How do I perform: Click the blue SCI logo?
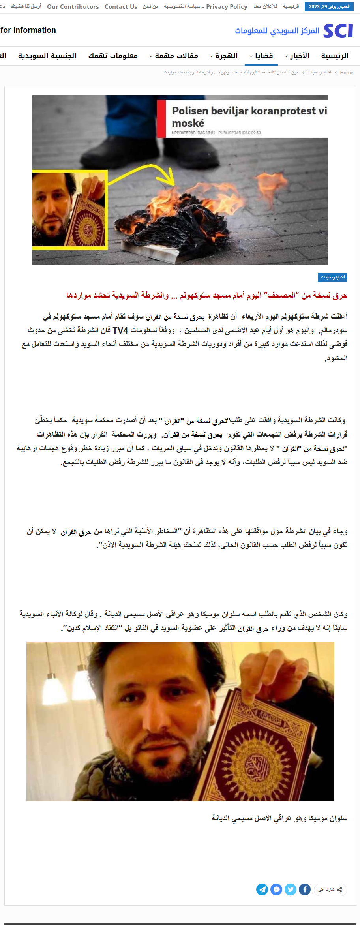[x=338, y=31]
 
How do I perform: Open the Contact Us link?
[x=121, y=7]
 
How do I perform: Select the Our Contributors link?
[x=73, y=7]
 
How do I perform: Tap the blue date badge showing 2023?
[x=329, y=7]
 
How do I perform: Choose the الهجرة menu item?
[x=224, y=56]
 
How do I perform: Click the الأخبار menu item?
[x=297, y=56]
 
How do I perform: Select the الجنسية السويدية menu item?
[x=47, y=56]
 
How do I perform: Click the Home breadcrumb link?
[x=347, y=73]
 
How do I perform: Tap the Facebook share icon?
[x=304, y=889]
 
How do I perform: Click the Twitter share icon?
[x=291, y=889]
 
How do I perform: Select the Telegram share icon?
[x=262, y=889]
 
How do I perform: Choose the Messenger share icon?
[x=276, y=889]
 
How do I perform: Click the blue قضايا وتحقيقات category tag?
[x=333, y=278]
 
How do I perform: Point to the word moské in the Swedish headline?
[x=188, y=123]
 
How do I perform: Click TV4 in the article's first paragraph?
[x=120, y=330]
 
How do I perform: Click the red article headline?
[x=207, y=295]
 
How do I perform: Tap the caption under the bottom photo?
[x=279, y=818]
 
